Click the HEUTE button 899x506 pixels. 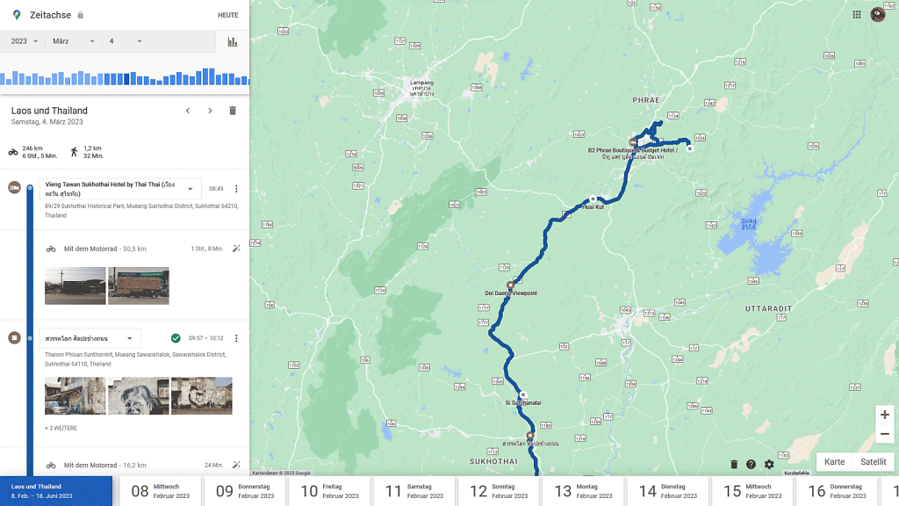point(227,15)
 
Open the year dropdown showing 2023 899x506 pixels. point(24,41)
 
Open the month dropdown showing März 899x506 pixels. point(73,41)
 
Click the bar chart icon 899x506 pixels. point(233,41)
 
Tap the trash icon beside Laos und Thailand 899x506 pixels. point(233,111)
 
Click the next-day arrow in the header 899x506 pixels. point(210,111)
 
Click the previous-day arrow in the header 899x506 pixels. point(187,111)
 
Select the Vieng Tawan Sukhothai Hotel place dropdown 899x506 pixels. point(120,189)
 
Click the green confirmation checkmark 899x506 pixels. point(176,338)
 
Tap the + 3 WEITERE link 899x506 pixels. point(61,428)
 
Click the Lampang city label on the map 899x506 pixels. point(422,83)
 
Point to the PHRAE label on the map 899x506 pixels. point(645,101)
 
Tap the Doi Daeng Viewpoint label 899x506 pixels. point(510,293)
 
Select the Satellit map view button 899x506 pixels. point(873,462)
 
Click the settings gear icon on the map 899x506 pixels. point(769,465)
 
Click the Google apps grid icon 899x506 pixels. point(857,15)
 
